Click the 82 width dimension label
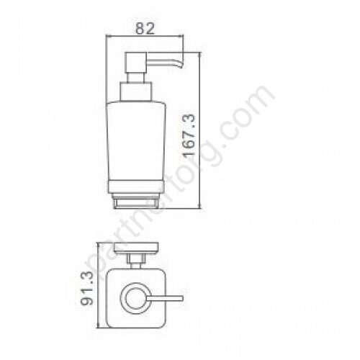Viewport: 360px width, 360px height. click(145, 29)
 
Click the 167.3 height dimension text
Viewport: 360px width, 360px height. click(189, 136)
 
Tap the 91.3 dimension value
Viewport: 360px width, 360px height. click(87, 288)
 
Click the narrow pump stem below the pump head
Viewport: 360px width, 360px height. click(135, 77)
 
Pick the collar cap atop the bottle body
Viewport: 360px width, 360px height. click(135, 91)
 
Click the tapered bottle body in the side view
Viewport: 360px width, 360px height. click(136, 141)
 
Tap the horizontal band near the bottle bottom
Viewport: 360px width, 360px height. click(136, 187)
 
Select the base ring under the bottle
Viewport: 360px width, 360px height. click(136, 201)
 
